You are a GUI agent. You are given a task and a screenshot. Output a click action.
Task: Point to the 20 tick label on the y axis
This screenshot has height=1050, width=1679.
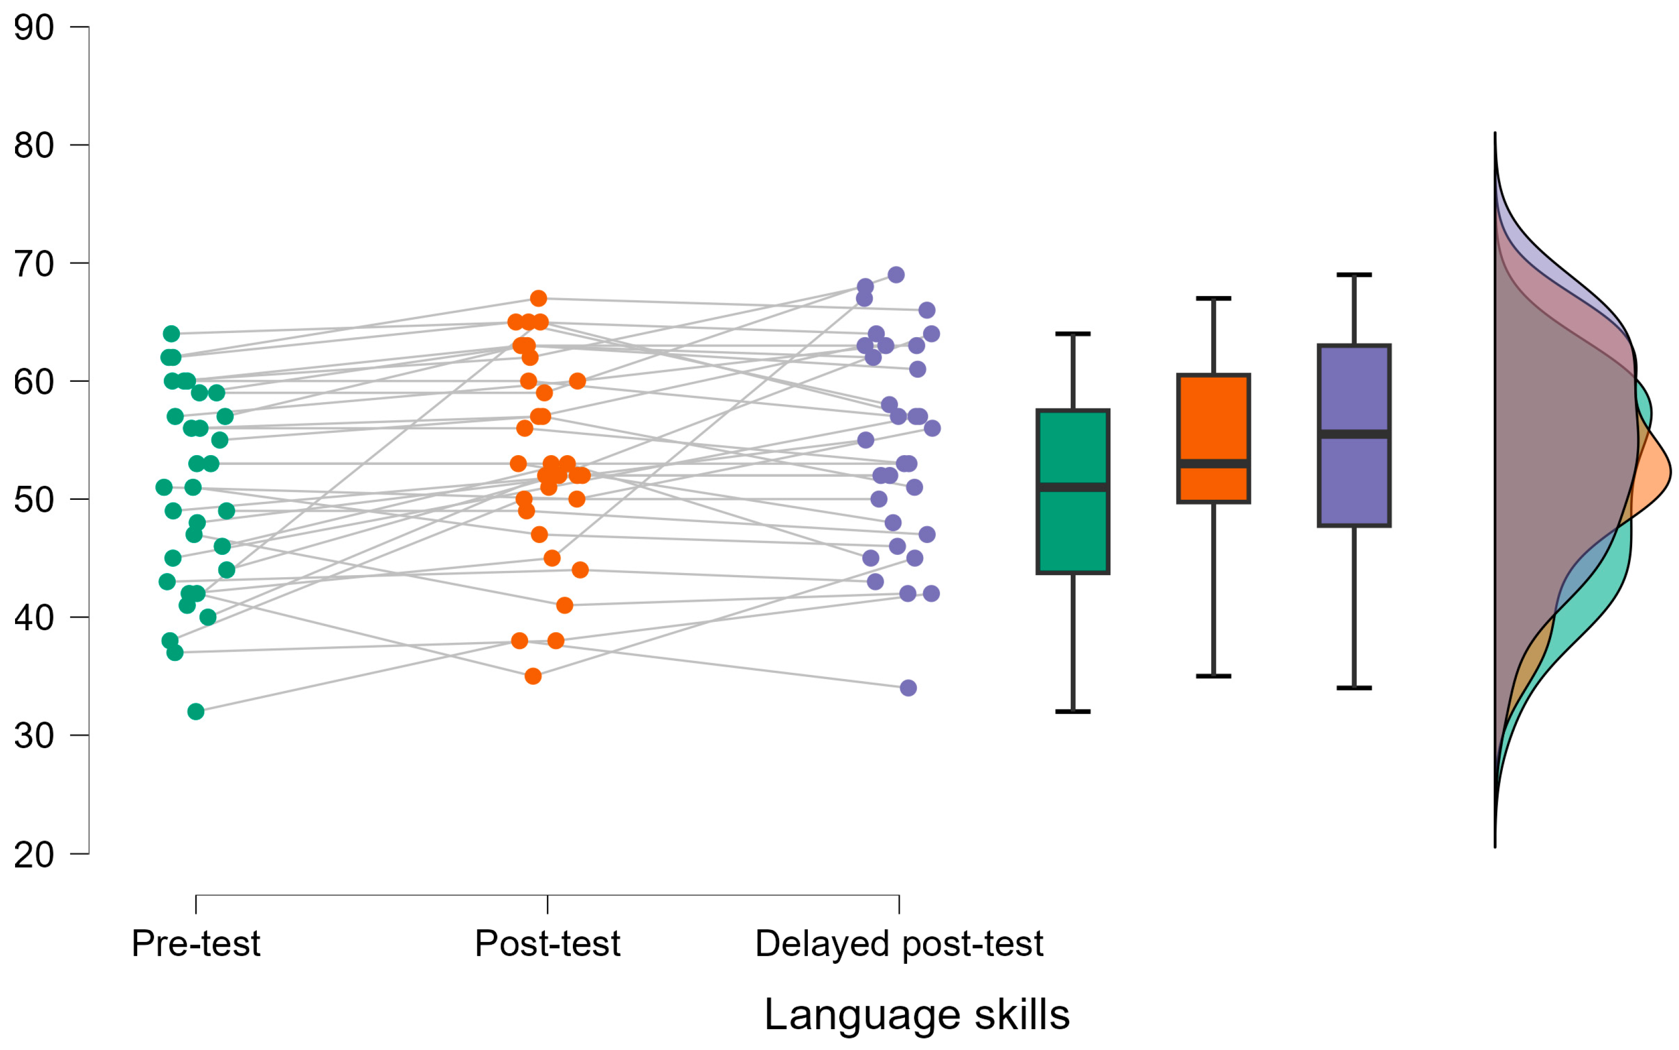pyautogui.click(x=33, y=855)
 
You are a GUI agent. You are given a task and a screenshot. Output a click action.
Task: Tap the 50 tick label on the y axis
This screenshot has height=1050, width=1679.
pyautogui.click(x=33, y=500)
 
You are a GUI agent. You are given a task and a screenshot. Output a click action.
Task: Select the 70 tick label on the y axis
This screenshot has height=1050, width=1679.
pyautogui.click(x=33, y=264)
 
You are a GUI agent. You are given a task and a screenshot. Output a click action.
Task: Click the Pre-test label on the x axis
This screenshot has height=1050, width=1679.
pyautogui.click(x=196, y=943)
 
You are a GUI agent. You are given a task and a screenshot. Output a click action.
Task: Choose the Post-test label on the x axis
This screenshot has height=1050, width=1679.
pyautogui.click(x=547, y=943)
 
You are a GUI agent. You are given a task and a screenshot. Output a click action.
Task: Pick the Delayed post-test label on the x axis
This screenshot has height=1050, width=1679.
pyautogui.click(x=899, y=943)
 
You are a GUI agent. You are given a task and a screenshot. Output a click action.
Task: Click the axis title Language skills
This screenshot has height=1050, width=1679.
pyautogui.click(x=917, y=1015)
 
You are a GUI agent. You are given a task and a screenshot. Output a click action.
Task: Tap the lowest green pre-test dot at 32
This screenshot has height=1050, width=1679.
pyautogui.click(x=196, y=711)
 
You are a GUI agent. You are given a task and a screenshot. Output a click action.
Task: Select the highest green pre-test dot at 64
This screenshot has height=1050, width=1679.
pyautogui.click(x=172, y=334)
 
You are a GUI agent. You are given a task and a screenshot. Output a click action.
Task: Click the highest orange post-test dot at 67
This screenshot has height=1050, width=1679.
pyautogui.click(x=539, y=299)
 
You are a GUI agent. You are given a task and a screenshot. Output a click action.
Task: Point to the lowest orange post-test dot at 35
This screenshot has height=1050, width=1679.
pyautogui.click(x=533, y=676)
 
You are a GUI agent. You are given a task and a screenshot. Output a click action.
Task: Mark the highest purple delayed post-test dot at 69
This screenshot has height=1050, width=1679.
pyautogui.click(x=896, y=275)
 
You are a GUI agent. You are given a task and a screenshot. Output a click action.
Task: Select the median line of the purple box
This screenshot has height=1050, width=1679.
pyautogui.click(x=1354, y=434)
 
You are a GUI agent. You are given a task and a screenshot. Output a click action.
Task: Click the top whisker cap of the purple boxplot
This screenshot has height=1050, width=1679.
pyautogui.click(x=1354, y=275)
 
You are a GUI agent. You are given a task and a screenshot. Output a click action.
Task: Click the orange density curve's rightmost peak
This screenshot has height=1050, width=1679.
pyautogui.click(x=1670, y=472)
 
